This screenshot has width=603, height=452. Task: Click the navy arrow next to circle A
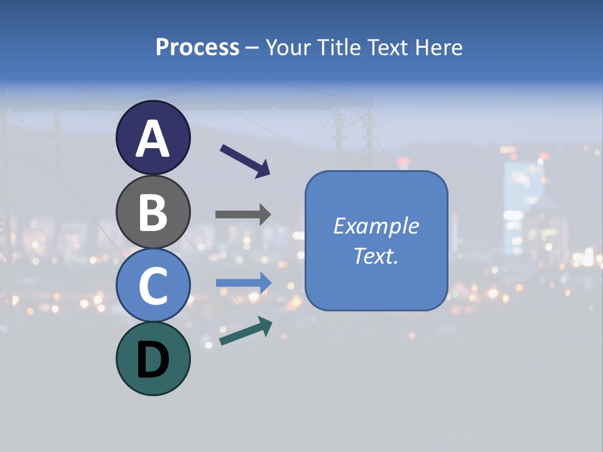pos(245,161)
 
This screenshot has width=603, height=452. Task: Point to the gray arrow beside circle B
pos(243,214)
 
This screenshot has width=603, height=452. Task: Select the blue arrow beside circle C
pos(243,282)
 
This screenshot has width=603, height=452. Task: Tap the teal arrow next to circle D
pos(246,331)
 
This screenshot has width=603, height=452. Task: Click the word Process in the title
pos(197,48)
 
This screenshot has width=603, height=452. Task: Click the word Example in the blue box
pos(376,226)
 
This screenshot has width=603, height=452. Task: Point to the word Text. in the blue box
pos(376,256)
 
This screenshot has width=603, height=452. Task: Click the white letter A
pos(153,139)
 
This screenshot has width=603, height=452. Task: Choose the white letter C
pos(153,286)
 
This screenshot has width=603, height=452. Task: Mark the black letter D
pos(153,360)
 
